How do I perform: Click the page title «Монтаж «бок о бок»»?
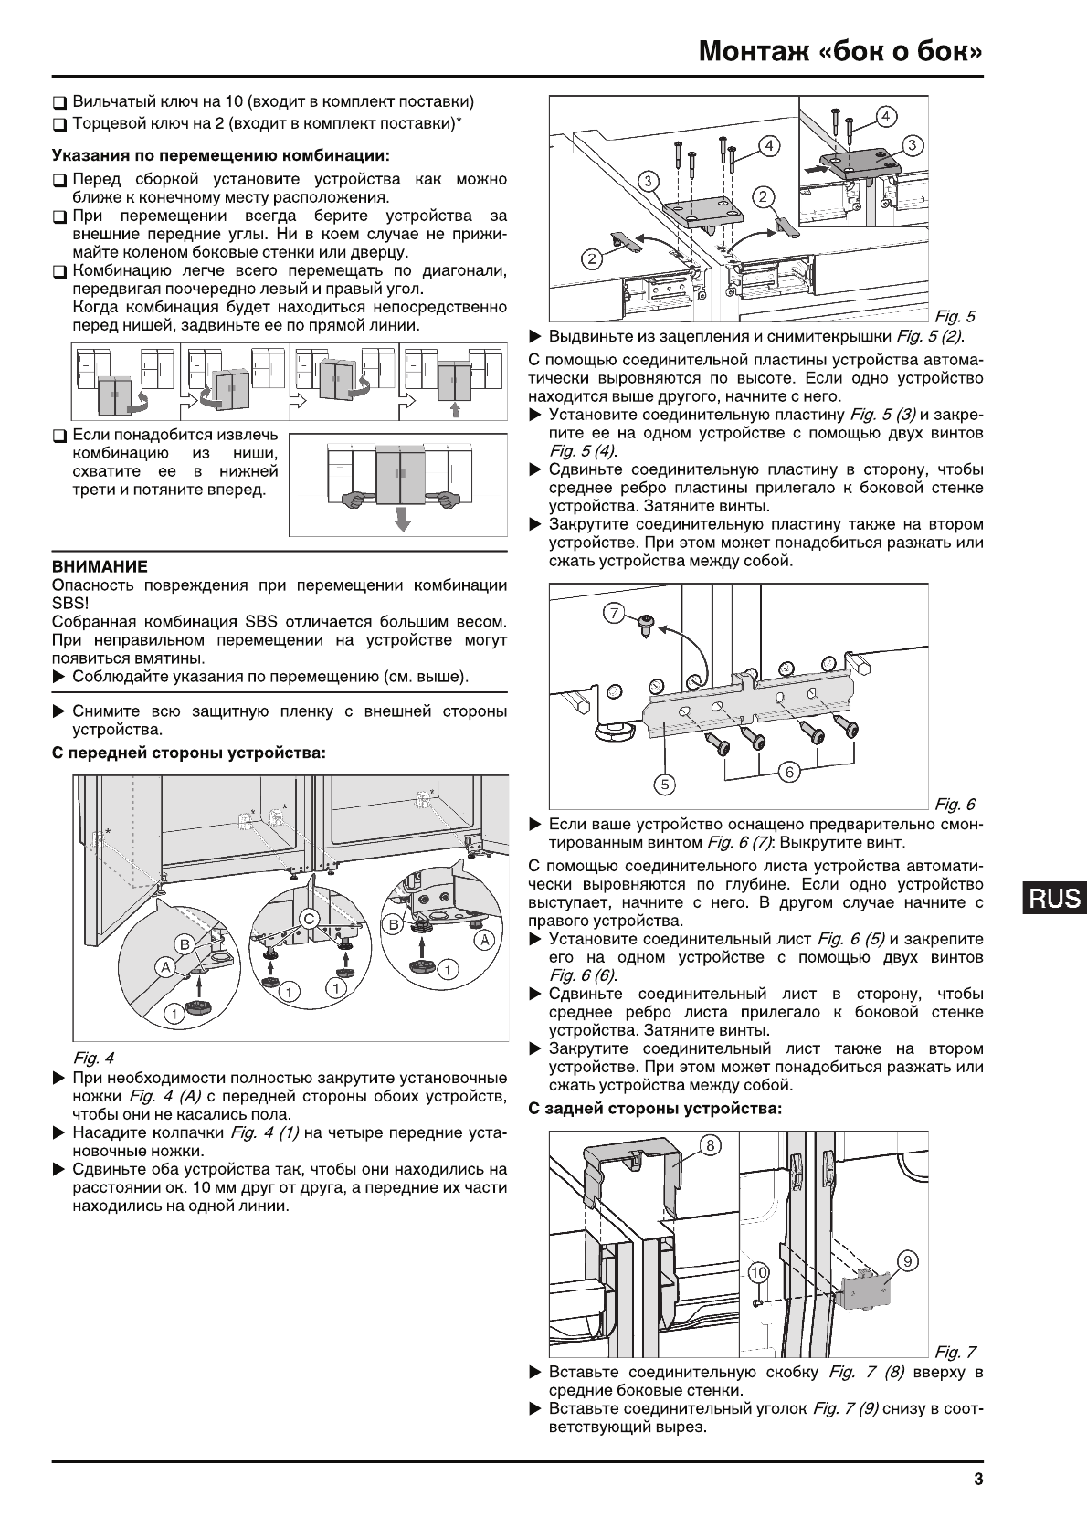pyautogui.click(x=841, y=52)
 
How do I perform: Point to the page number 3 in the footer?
pyautogui.click(x=977, y=1481)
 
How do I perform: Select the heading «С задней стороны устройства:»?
pyautogui.click(x=656, y=1109)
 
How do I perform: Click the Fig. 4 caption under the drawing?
pyautogui.click(x=93, y=1059)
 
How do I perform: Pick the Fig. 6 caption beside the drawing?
pyautogui.click(x=954, y=804)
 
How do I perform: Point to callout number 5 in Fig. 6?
pyautogui.click(x=666, y=784)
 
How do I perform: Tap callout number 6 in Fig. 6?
pyautogui.click(x=789, y=773)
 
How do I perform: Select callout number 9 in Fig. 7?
pyautogui.click(x=907, y=1261)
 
